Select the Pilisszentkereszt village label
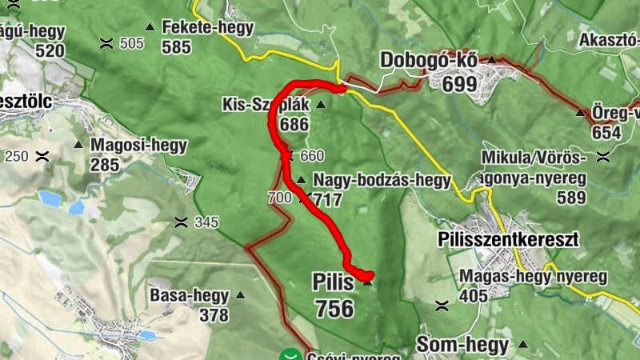click(507, 239)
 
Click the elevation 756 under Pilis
click(334, 307)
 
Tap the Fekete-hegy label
click(207, 27)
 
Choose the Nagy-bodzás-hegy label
click(382, 180)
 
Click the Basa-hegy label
click(189, 295)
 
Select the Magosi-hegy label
click(139, 146)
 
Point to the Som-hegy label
click(462, 346)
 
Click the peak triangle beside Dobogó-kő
click(492, 60)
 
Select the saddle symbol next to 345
click(182, 222)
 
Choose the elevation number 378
click(214, 314)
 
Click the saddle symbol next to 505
click(106, 44)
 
